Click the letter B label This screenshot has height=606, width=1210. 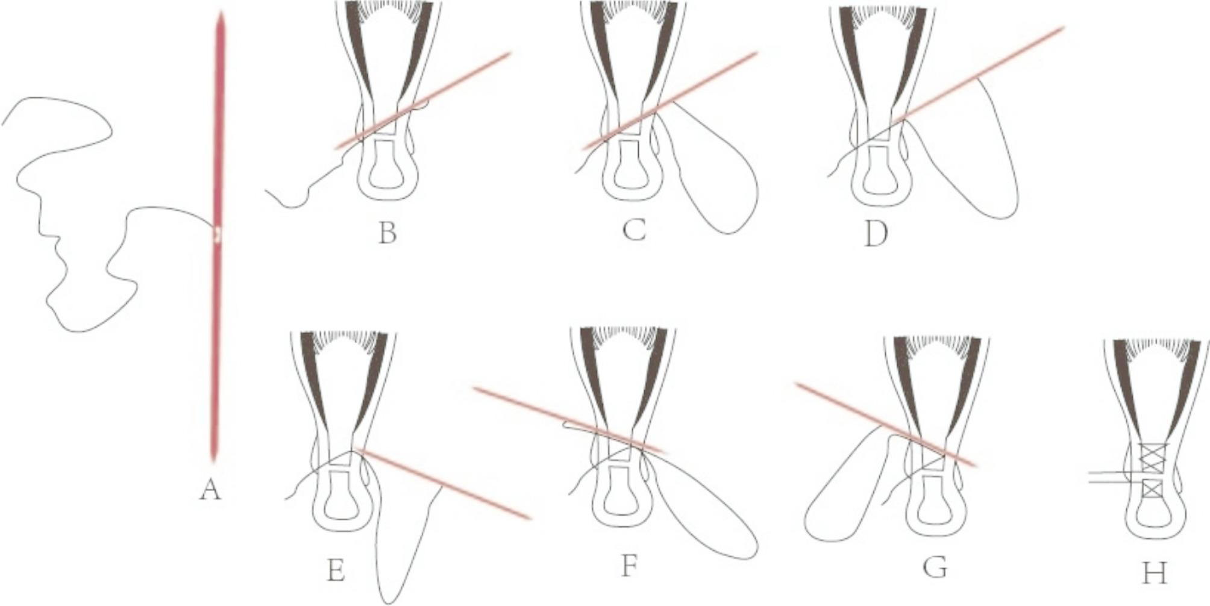point(387,233)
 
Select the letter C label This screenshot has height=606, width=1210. point(634,230)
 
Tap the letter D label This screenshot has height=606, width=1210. point(876,234)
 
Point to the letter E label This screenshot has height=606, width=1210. point(336,570)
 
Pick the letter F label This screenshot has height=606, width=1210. point(629,566)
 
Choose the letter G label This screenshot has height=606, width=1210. point(935,567)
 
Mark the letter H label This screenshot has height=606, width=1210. point(1154,573)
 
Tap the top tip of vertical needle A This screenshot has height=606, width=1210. point(221,12)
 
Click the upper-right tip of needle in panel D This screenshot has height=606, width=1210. point(1064,27)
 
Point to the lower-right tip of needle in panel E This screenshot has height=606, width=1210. point(530,517)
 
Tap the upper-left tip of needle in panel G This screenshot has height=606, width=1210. point(797,384)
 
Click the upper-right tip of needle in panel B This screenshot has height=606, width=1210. point(510,54)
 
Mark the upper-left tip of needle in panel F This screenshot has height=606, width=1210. point(475,389)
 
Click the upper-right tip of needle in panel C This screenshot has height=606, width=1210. point(756,53)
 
